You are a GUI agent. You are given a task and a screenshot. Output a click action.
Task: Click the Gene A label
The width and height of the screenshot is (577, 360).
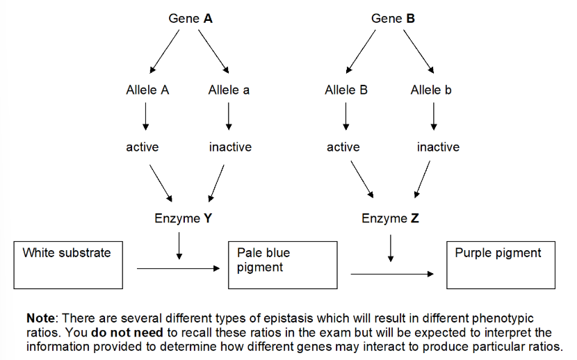coord(190,19)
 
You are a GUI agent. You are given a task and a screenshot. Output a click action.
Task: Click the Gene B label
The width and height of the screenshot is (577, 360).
coord(393,19)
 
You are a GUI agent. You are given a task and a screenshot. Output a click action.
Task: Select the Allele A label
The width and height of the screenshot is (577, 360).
coord(147,90)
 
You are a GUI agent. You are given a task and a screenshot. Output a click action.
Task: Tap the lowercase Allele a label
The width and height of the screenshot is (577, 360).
coord(229,90)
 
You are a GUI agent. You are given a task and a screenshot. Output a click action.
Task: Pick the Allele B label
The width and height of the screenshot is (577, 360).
coord(346,90)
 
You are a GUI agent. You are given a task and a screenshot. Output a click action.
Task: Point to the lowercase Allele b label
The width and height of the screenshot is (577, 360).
coord(431,90)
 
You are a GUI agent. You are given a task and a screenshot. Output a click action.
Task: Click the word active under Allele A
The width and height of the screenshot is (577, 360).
coord(143,147)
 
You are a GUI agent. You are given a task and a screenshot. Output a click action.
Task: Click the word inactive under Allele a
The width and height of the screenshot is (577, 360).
coord(230,147)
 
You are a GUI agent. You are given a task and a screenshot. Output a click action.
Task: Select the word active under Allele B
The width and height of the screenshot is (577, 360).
coord(343,147)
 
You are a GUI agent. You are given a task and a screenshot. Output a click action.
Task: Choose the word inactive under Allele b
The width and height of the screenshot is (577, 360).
coord(438,147)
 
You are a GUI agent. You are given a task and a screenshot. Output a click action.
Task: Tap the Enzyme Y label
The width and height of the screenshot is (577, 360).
coord(183,219)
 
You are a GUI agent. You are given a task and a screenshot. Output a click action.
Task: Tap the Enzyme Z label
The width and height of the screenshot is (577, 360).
coord(390,219)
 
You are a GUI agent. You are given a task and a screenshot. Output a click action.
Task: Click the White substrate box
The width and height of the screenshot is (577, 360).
coord(69,265)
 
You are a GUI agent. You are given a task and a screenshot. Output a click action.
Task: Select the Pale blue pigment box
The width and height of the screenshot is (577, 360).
coord(283,265)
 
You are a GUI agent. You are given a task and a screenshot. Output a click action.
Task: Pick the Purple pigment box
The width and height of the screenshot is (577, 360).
coord(501,265)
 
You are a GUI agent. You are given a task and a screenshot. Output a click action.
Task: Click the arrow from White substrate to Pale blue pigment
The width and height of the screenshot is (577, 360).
coord(178,268)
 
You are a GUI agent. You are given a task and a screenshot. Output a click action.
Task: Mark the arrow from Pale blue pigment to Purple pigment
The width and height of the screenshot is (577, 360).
coord(392,275)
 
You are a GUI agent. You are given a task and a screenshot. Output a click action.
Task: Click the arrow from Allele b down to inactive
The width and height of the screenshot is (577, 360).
coord(434,116)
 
